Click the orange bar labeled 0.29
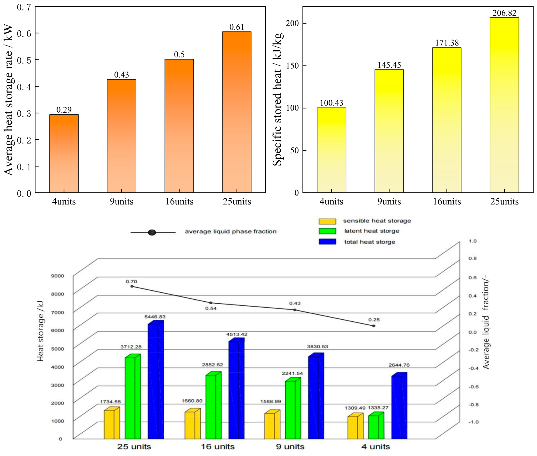64,154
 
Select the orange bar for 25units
237,112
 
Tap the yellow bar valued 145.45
389,131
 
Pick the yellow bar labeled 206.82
504,105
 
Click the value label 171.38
447,43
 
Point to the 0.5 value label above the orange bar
179,54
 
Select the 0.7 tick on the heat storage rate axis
24,7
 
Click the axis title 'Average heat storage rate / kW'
8,99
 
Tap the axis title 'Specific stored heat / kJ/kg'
277,99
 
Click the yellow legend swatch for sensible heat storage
327,221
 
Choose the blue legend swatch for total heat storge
327,242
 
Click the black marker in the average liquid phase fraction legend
152,232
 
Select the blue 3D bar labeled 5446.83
156,380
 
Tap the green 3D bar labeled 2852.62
213,405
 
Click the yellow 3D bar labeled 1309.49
355,426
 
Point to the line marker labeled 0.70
132,286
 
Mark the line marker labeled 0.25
374,326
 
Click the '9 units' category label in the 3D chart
290,447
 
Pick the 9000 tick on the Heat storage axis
57,276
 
